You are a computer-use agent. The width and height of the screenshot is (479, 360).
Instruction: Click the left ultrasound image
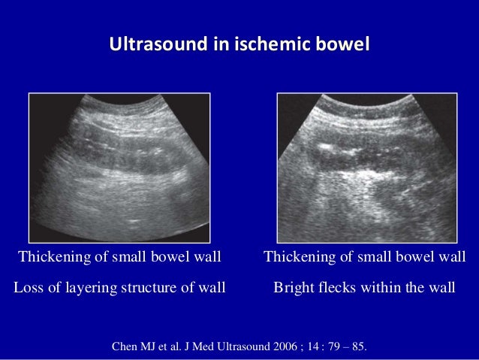click(x=119, y=167)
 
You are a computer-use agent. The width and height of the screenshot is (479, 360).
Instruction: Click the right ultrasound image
click(x=367, y=167)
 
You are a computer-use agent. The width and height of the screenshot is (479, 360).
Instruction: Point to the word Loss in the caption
click(x=30, y=287)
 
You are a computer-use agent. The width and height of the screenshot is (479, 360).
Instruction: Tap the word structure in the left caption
click(x=155, y=287)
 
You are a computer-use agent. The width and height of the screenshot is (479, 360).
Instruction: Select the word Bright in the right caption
click(x=293, y=287)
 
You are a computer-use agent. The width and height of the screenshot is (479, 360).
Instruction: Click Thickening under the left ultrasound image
click(x=53, y=258)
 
